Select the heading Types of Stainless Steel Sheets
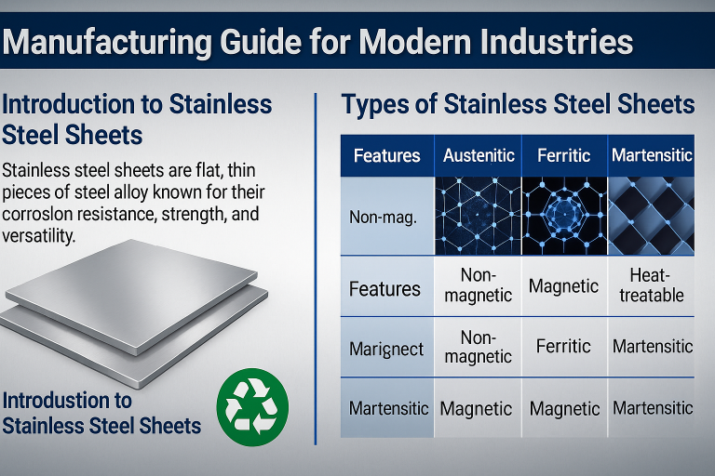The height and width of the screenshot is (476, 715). click(519, 104)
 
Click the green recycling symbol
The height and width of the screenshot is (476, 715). click(252, 405)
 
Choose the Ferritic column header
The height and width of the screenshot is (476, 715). click(564, 155)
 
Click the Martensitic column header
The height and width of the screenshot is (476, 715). click(652, 155)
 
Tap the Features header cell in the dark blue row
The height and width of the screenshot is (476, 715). click(386, 155)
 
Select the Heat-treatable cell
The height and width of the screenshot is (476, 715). click(652, 284)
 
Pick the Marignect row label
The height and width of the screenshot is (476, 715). click(386, 350)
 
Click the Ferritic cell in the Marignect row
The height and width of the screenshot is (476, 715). click(563, 346)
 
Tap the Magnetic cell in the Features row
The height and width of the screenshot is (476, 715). click(563, 284)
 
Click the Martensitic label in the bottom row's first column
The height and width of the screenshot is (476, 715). click(388, 407)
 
